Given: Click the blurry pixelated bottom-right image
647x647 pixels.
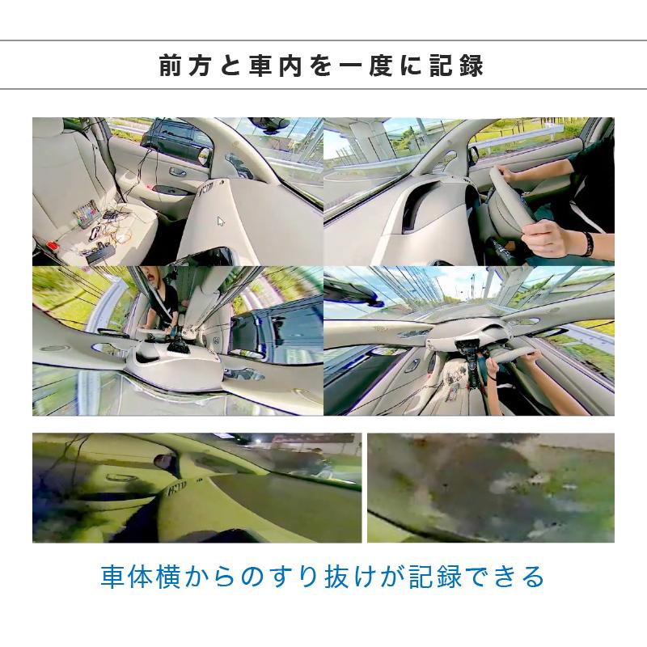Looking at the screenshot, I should pos(490,488).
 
